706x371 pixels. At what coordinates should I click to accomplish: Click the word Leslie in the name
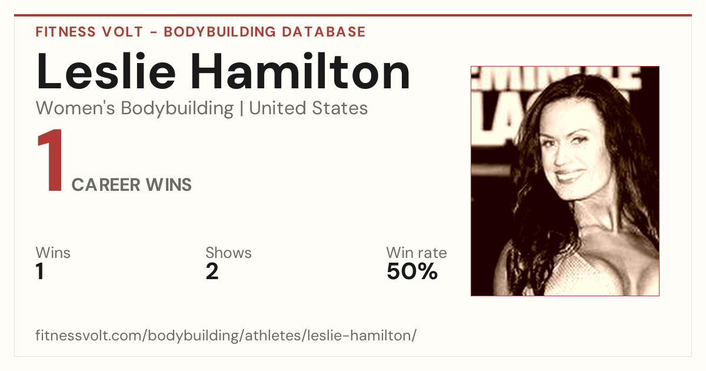coord(106,71)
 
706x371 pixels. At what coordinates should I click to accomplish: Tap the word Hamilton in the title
coord(301,71)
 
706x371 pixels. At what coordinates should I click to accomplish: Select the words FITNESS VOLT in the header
coord(89,32)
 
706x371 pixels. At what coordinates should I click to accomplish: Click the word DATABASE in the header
coord(324,32)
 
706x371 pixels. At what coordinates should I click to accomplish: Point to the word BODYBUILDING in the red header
coord(219,32)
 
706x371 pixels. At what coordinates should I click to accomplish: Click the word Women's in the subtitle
coord(75,108)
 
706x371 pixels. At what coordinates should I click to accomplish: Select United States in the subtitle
coord(308,108)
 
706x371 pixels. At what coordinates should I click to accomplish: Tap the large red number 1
coord(50,160)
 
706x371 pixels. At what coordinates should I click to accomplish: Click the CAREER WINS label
coord(131,184)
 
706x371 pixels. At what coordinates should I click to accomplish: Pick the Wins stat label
coord(53,253)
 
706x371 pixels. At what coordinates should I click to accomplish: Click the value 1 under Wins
coord(40,271)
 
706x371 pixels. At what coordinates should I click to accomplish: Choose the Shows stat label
coord(228,253)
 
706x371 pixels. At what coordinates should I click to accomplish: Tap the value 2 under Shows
coord(212,271)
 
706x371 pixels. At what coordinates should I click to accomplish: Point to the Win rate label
coord(417,253)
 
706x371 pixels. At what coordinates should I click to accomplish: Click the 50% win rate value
coord(412,271)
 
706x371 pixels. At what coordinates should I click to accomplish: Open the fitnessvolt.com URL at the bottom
coord(226,335)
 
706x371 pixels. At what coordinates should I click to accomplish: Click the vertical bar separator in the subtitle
coord(241,108)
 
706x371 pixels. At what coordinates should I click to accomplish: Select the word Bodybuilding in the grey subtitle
coord(177,108)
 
